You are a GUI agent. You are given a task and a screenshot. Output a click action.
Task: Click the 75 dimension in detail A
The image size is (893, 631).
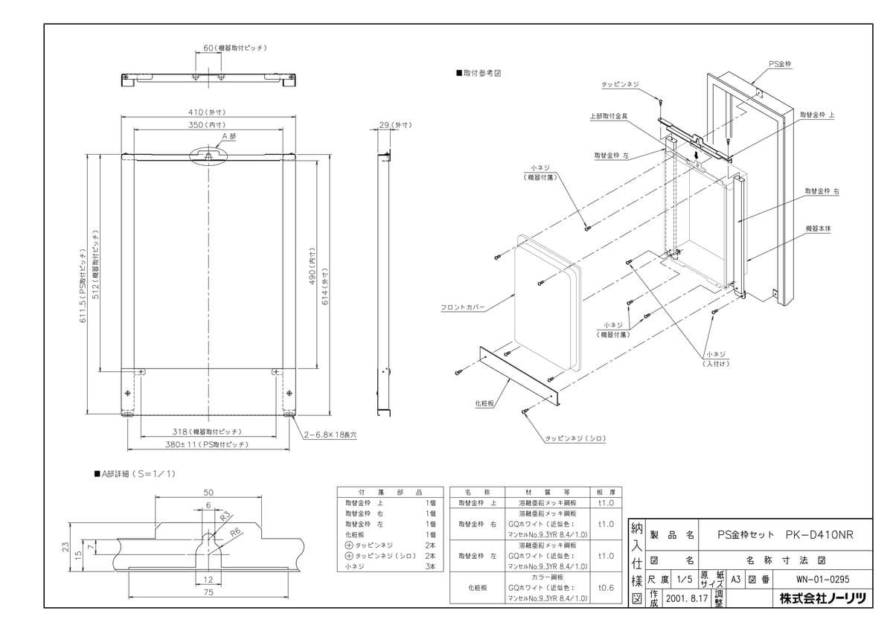[x=208, y=592]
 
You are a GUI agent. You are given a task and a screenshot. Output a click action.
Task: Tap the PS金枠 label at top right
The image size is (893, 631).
[x=780, y=65]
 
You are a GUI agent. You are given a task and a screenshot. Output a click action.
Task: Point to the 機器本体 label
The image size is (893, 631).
[x=819, y=228]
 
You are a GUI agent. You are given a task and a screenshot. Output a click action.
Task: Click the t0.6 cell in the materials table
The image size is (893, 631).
[x=605, y=586]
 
